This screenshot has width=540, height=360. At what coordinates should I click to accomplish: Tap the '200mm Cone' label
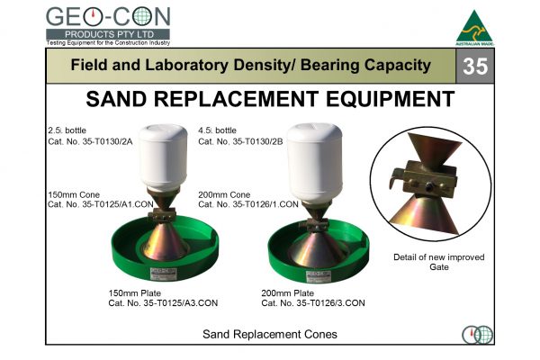click(x=221, y=193)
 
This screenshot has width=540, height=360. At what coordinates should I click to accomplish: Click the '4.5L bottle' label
click(x=217, y=130)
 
